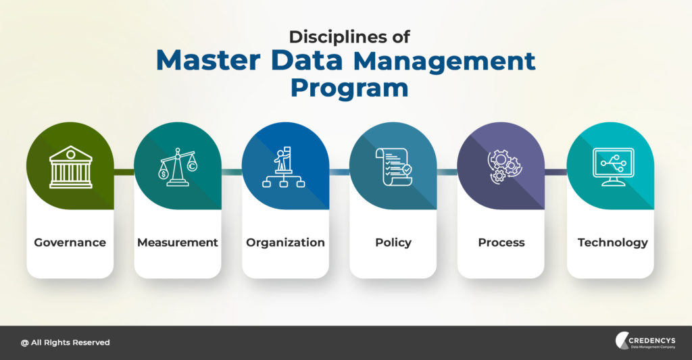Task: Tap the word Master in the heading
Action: click(x=208, y=60)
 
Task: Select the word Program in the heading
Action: click(x=349, y=88)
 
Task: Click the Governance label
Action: click(x=70, y=242)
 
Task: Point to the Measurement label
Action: click(x=178, y=242)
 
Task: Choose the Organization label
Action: click(x=285, y=242)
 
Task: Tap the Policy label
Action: click(x=393, y=242)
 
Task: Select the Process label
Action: click(x=501, y=242)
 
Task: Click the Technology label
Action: click(x=612, y=242)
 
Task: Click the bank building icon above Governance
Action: click(x=70, y=168)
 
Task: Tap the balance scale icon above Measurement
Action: click(x=178, y=168)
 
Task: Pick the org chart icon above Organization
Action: click(x=284, y=168)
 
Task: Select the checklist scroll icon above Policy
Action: click(x=394, y=167)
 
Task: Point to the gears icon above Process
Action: click(x=504, y=166)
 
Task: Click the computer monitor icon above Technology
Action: click(x=613, y=167)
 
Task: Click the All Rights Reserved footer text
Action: click(x=66, y=342)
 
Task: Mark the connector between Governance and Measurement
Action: click(x=124, y=172)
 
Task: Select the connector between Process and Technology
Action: click(x=555, y=172)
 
